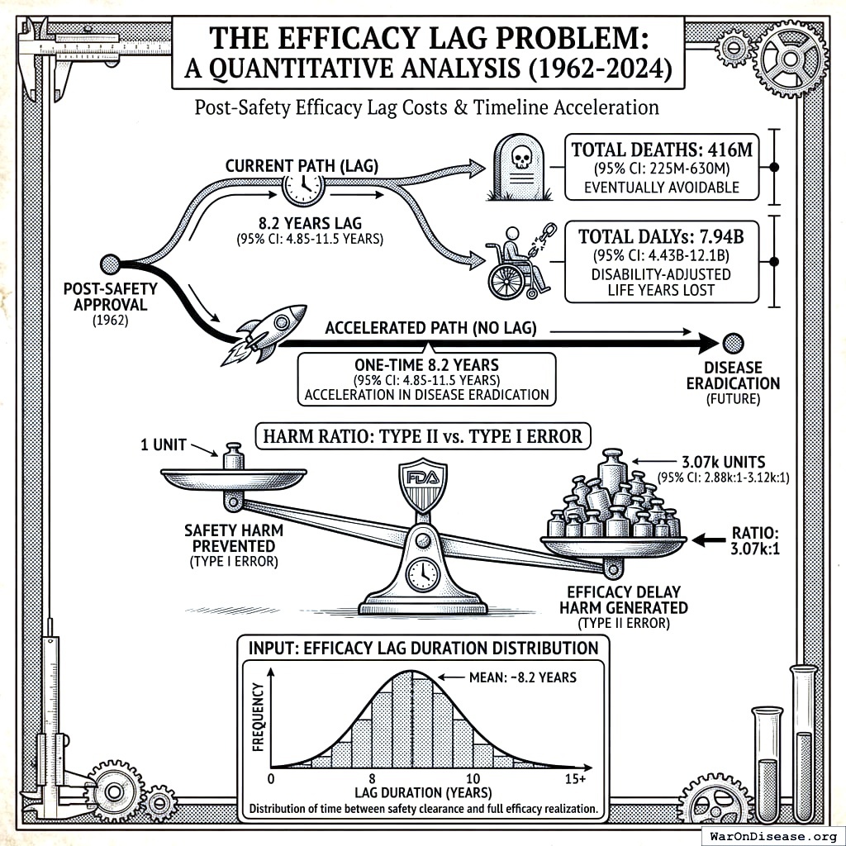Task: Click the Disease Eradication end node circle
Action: point(732,342)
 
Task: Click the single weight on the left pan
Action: point(234,457)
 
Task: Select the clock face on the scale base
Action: point(422,572)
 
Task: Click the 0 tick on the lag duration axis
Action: point(273,779)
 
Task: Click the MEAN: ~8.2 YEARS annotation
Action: point(511,677)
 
